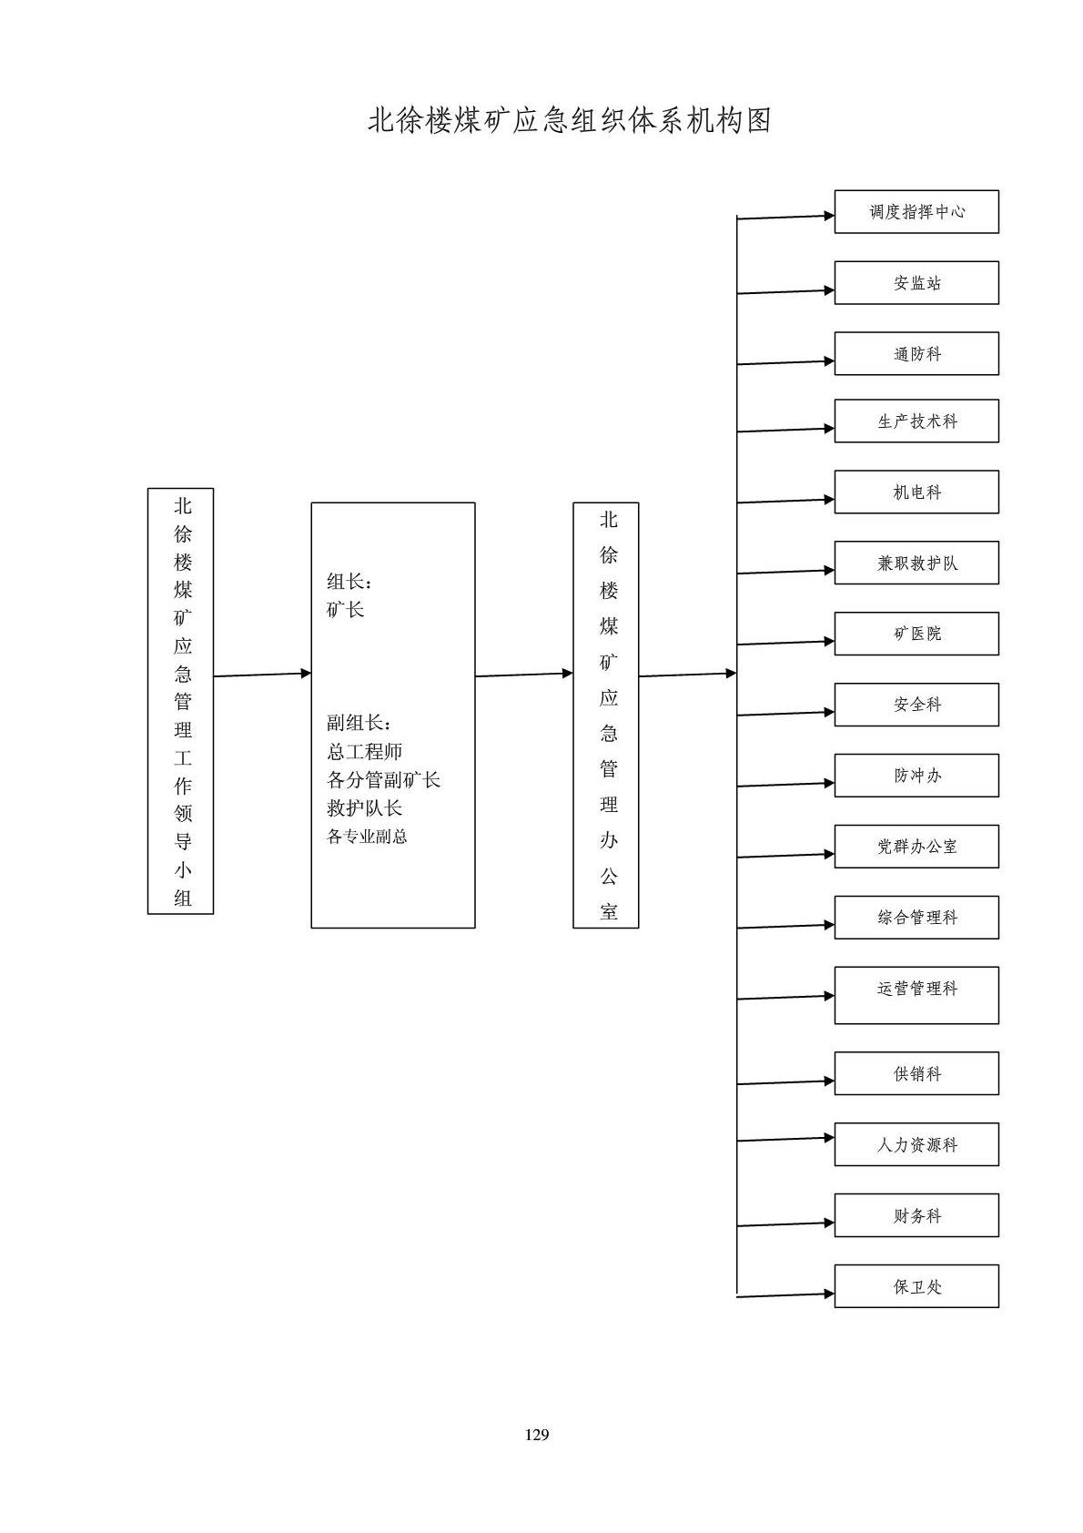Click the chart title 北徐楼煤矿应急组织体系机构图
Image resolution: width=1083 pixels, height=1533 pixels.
point(569,121)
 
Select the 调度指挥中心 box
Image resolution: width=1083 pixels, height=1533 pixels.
point(916,212)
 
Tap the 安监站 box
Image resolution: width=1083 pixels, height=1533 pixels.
point(916,283)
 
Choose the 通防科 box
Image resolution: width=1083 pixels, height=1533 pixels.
point(916,354)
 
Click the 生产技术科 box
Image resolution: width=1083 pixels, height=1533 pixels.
point(916,421)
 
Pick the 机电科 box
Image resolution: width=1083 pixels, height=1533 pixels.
point(916,492)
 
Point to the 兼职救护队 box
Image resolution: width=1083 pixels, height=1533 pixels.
point(916,563)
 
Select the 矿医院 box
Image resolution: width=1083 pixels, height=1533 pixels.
point(916,634)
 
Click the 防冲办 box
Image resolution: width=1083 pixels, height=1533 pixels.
point(916,776)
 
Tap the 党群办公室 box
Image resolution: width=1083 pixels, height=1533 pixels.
point(916,847)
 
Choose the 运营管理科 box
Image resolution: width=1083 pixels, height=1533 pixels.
point(916,995)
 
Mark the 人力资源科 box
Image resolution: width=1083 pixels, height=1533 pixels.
point(916,1145)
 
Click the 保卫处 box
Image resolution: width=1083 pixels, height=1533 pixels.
point(916,1286)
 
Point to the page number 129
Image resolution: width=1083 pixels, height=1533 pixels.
point(537,1435)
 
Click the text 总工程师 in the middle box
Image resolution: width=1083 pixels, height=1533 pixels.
point(364,752)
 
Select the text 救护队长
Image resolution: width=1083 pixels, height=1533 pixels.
point(364,808)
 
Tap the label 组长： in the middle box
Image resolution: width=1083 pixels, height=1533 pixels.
point(349,582)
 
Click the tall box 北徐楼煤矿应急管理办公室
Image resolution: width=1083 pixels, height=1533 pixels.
point(606,716)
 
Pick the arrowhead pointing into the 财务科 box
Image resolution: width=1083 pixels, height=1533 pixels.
point(829,1223)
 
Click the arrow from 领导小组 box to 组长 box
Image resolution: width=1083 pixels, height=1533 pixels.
point(262,675)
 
